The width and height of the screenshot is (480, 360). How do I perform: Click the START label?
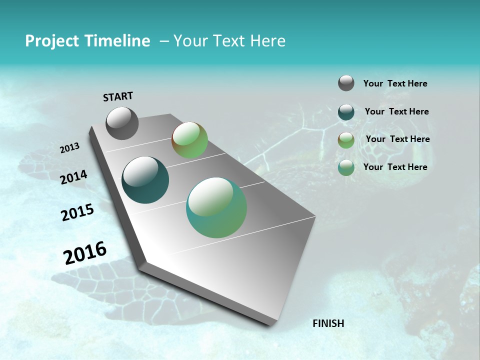coord(118,96)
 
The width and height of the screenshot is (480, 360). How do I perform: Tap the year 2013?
coord(69,148)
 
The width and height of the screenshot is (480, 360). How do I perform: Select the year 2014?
coord(73,177)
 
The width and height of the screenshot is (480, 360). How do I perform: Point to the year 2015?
coord(77,212)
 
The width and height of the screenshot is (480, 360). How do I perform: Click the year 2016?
coord(85,252)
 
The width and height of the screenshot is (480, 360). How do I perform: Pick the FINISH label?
coord(328,323)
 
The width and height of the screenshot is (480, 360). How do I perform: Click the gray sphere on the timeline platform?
coord(122,123)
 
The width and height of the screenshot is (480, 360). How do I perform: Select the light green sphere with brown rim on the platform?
coord(189,140)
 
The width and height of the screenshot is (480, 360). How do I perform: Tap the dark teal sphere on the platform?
coord(145,180)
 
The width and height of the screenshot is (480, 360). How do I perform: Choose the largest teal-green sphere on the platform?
coord(216,207)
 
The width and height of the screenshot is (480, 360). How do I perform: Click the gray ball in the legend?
coord(346,83)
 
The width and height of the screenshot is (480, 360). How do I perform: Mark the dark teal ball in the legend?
coord(346,111)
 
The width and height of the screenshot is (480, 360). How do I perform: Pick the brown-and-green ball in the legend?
coord(346,139)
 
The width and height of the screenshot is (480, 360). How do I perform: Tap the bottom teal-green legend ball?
coord(346,167)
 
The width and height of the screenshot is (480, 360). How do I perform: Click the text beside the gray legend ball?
coord(395,83)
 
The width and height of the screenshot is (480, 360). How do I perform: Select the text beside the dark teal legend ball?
coord(396,111)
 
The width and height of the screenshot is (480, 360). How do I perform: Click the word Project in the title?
coord(51,41)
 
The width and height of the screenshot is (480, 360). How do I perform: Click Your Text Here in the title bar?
coord(229,41)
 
